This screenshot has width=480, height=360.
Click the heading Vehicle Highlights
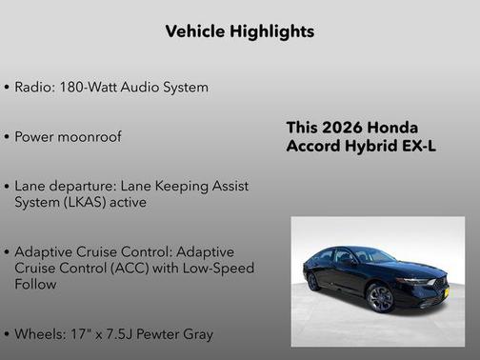[239, 31]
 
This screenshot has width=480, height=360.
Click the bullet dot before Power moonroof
[7, 137]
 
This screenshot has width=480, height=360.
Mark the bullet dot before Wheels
[7, 335]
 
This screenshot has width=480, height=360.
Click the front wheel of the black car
[380, 298]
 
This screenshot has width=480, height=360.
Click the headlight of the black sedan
[416, 281]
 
